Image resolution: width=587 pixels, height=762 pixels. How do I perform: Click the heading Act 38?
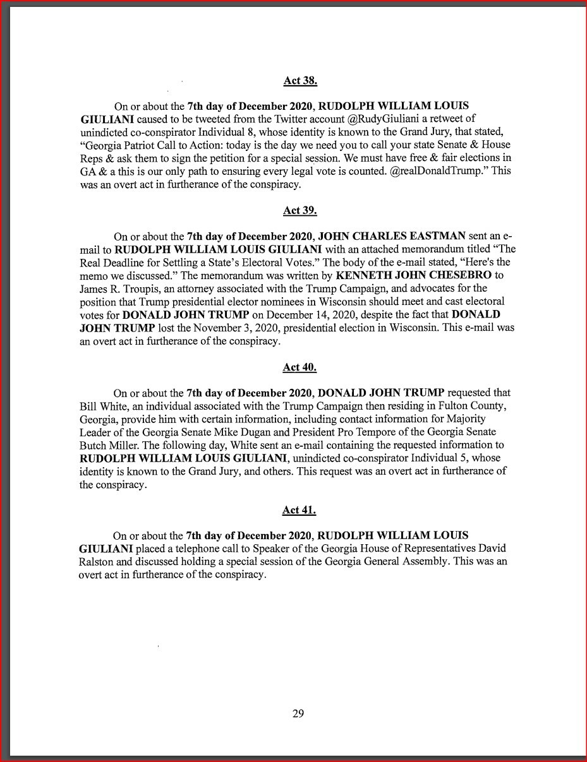coord(300,81)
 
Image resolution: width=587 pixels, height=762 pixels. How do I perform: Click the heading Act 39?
coord(300,211)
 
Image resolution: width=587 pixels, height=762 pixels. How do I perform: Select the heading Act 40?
coord(300,367)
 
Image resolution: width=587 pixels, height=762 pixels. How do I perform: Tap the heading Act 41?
coord(299,510)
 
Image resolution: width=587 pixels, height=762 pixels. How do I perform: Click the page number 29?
coord(298,714)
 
